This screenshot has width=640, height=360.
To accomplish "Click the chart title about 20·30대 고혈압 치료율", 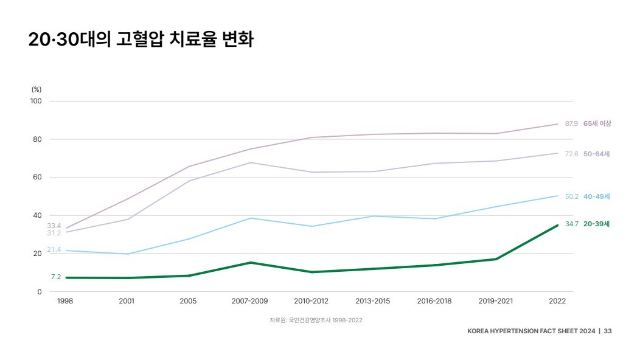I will pyautogui.click(x=141, y=41).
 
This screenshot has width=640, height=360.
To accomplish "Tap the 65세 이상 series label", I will pyautogui.click(x=597, y=123).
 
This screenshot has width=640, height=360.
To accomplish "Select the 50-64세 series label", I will pyautogui.click(x=596, y=154).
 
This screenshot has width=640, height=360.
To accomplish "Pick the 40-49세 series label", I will pyautogui.click(x=596, y=196).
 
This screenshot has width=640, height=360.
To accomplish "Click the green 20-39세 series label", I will pyautogui.click(x=596, y=224).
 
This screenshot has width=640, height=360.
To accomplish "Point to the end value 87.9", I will pyautogui.click(x=571, y=123).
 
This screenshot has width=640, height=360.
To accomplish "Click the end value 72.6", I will pyautogui.click(x=571, y=154).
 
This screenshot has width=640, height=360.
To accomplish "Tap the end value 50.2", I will pyautogui.click(x=571, y=196).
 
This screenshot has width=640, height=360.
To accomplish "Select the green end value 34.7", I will pyautogui.click(x=571, y=224).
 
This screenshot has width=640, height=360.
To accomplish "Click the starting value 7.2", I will pyautogui.click(x=56, y=277).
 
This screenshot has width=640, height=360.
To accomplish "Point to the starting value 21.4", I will pyautogui.click(x=54, y=250).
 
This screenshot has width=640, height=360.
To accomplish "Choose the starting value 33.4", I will pyautogui.click(x=54, y=226).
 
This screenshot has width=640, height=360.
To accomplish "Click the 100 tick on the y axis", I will pyautogui.click(x=36, y=101).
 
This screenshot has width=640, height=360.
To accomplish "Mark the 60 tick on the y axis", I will pyautogui.click(x=37, y=178).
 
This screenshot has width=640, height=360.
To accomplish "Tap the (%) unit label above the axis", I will pyautogui.click(x=37, y=89).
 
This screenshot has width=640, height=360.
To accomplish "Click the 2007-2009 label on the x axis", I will pyautogui.click(x=249, y=301).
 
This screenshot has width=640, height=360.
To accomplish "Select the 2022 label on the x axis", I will pyautogui.click(x=557, y=301).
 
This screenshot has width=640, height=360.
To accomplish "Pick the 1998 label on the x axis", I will pyautogui.click(x=65, y=301).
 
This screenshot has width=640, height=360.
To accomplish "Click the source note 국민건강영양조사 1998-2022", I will pyautogui.click(x=316, y=320).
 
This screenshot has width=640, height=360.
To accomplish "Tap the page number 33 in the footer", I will pyautogui.click(x=608, y=331).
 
